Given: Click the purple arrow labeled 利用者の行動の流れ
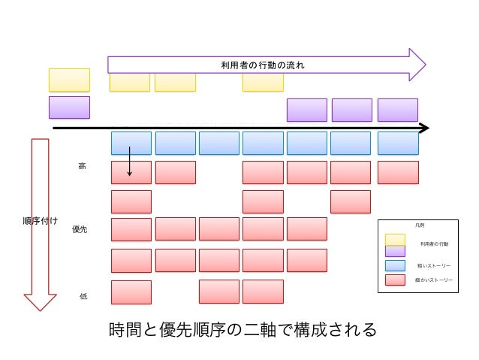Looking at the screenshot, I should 263,65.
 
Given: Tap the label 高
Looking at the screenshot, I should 82,166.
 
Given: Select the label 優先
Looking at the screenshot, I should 80,229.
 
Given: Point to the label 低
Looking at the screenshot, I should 83,296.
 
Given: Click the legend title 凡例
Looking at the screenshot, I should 419,225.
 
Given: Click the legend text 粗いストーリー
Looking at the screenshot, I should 435,265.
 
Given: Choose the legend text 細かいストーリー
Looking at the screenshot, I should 434,280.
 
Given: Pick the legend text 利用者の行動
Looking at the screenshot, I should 435,244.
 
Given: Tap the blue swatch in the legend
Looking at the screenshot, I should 395,265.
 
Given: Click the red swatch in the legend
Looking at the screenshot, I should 395,280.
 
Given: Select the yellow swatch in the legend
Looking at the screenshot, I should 395,239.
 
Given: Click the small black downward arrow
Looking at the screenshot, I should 130,162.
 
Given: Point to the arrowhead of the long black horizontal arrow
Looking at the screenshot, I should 424,128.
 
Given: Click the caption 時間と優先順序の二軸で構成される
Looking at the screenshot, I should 242,330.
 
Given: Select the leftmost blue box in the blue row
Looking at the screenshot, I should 131,143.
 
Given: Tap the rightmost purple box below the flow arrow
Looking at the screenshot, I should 397,110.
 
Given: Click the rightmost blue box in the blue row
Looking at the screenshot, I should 397,143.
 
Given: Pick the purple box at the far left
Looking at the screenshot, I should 69,107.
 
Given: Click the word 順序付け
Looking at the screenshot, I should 40,221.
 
